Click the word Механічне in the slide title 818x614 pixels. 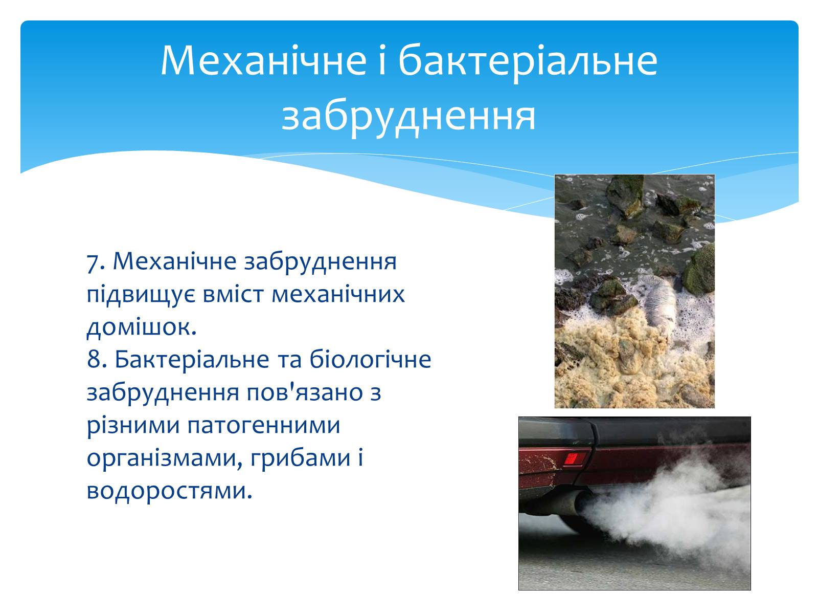click(x=263, y=60)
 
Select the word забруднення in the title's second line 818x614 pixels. click(x=408, y=116)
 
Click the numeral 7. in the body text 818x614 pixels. click(x=96, y=262)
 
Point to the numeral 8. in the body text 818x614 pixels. click(x=97, y=360)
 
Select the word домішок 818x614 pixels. click(x=142, y=327)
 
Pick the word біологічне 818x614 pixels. click(x=370, y=360)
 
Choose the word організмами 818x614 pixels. click(x=165, y=458)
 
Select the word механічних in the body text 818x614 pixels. click(x=338, y=295)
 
